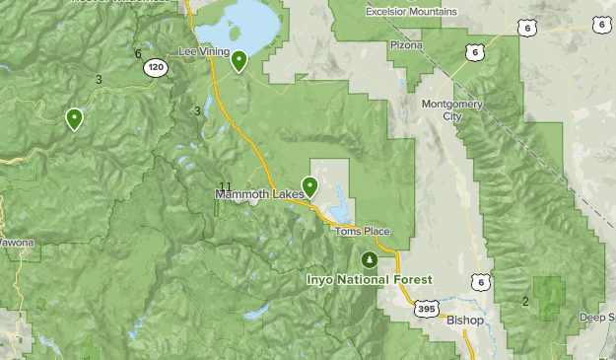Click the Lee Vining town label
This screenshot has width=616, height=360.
pyautogui.click(x=204, y=50)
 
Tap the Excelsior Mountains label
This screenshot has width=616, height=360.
pyautogui.click(x=411, y=12)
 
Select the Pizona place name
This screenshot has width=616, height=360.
pyautogui.click(x=405, y=44)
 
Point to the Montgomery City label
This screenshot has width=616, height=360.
pyautogui.click(x=441, y=109)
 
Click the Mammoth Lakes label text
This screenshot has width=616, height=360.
pyautogui.click(x=257, y=194)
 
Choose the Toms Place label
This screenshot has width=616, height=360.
pyautogui.click(x=362, y=232)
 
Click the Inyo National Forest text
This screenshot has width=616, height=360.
pyautogui.click(x=367, y=280)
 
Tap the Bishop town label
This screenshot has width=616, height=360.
pyautogui.click(x=465, y=321)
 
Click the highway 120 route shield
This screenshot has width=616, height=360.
pyautogui.click(x=155, y=67)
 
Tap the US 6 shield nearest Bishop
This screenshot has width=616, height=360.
pyautogui.click(x=480, y=282)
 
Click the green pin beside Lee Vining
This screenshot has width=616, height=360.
pyautogui.click(x=239, y=61)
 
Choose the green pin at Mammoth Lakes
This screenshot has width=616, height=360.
pyautogui.click(x=309, y=185)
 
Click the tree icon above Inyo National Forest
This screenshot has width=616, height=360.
pyautogui.click(x=369, y=260)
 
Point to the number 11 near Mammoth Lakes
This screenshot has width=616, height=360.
pyautogui.click(x=225, y=186)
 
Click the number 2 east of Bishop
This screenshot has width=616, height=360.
pyautogui.click(x=525, y=301)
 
